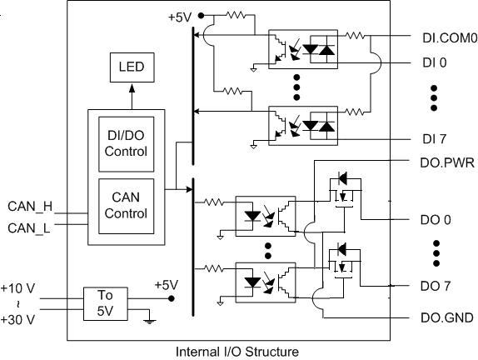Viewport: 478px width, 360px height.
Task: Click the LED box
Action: click(132, 67)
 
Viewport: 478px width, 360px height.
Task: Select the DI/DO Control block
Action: click(127, 144)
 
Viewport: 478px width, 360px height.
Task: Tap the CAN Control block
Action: click(127, 206)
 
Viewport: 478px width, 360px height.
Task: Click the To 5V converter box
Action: click(106, 303)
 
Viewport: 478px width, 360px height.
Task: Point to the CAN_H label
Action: click(30, 207)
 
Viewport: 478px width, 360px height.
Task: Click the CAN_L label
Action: click(29, 228)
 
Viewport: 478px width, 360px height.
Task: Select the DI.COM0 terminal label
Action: click(450, 37)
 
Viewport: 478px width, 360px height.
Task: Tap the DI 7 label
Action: click(434, 139)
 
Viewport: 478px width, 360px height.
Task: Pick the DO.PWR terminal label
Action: click(447, 162)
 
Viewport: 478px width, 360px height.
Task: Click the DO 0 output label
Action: click(436, 220)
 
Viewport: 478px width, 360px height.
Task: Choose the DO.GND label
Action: click(447, 317)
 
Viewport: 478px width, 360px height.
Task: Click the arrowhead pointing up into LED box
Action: click(132, 88)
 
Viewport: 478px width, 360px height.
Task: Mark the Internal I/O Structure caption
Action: click(237, 352)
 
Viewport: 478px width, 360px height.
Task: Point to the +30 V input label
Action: click(17, 320)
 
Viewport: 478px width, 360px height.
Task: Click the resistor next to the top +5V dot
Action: click(236, 15)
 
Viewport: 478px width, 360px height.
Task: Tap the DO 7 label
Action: click(436, 286)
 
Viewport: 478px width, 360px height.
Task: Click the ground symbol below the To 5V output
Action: click(149, 322)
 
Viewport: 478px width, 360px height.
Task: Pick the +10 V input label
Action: click(17, 288)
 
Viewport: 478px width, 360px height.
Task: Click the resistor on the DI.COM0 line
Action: click(355, 36)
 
